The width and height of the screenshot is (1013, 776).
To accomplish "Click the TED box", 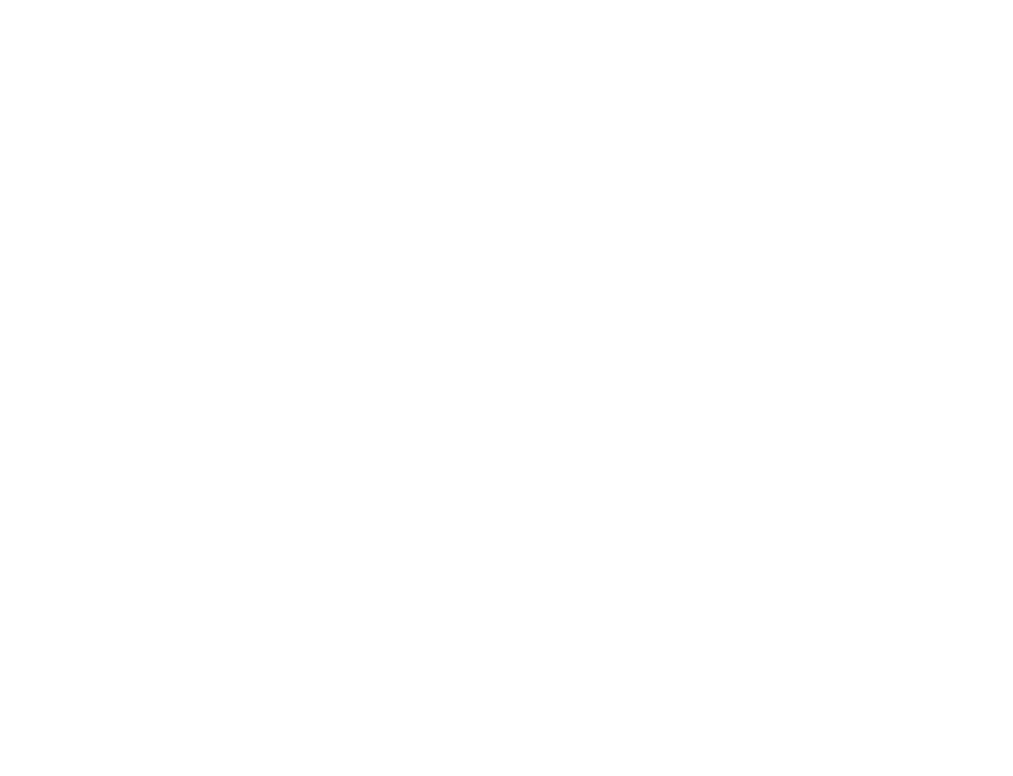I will (x=297, y=574).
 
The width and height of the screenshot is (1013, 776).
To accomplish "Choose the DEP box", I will (x=402, y=533).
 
